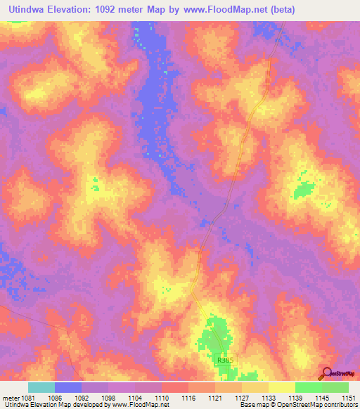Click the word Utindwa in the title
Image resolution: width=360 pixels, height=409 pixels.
pyautogui.click(x=27, y=10)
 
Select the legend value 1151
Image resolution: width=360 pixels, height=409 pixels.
pyautogui.click(x=349, y=398)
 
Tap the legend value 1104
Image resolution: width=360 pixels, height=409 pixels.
pyautogui.click(x=135, y=398)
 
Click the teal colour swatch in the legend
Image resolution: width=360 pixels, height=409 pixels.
pyautogui.click(x=41, y=387)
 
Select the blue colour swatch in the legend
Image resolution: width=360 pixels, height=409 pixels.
pyautogui.click(x=68, y=387)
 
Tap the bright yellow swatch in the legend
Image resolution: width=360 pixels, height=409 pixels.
pyautogui.click(x=282, y=387)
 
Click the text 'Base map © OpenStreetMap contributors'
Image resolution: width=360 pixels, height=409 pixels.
pyautogui.click(x=298, y=405)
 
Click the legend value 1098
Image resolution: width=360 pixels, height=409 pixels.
pyautogui.click(x=108, y=398)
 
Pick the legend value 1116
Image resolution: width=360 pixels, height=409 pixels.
pyautogui.click(x=188, y=398)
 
